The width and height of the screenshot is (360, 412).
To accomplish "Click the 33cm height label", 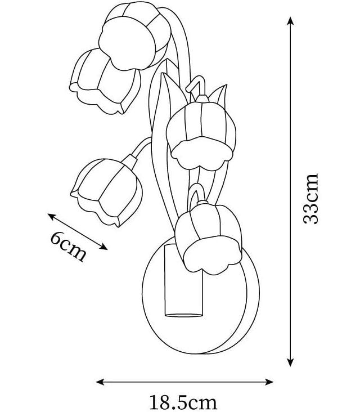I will point(310,198).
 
